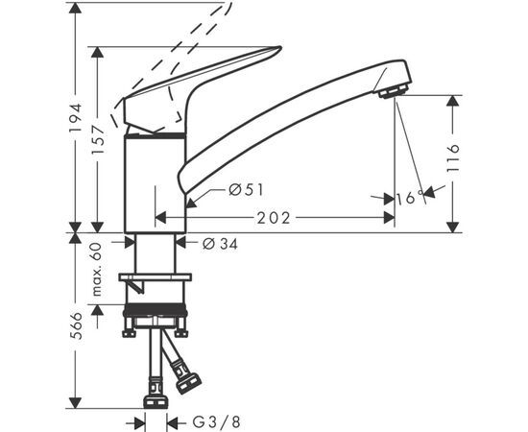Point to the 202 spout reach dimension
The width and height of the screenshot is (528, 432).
[x=276, y=218]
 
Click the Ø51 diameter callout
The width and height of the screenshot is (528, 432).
[x=247, y=190]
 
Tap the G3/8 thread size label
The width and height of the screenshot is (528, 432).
[x=213, y=420]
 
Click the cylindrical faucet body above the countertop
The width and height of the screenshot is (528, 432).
[x=156, y=182]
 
